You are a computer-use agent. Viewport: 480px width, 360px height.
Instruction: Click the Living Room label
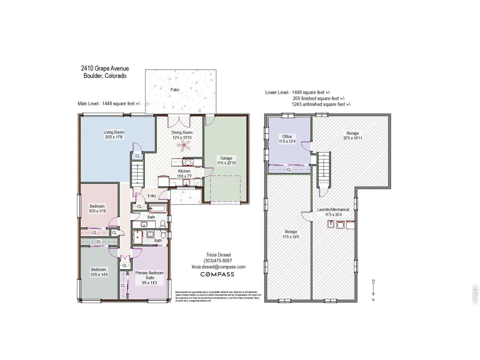(114, 132)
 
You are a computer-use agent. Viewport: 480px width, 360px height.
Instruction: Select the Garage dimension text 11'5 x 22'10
(226, 163)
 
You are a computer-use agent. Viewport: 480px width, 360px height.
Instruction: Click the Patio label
(175, 90)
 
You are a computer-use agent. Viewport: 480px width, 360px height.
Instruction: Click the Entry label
(152, 196)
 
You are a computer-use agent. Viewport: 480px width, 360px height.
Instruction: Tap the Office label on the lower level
(287, 136)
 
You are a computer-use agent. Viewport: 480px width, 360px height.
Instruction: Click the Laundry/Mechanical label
(333, 210)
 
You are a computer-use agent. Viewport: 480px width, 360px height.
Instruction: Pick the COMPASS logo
(217, 274)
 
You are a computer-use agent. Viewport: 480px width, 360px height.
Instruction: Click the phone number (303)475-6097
(218, 261)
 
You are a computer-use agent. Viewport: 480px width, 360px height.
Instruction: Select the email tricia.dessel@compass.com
(218, 267)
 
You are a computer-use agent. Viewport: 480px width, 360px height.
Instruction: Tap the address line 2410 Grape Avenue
(105, 68)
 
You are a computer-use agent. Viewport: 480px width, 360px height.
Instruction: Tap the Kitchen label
(184, 171)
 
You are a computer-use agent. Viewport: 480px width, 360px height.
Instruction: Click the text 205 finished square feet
(319, 98)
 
